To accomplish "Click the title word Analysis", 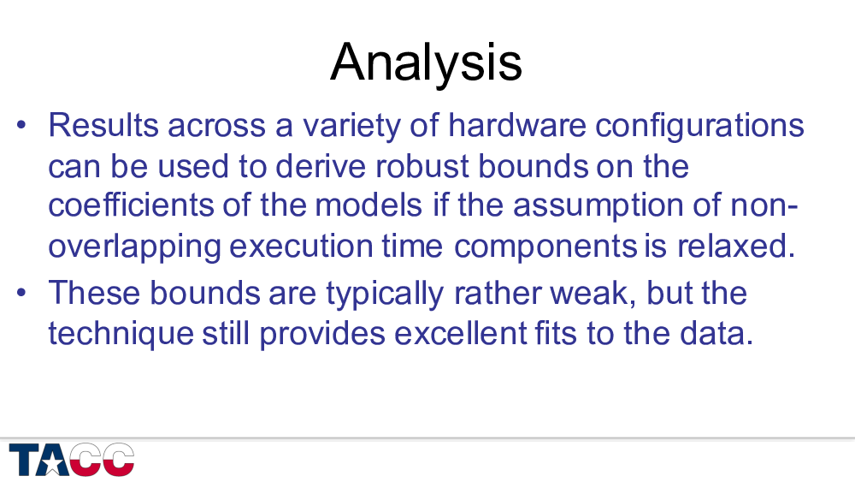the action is (426, 63).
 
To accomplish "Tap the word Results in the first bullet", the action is (103, 125).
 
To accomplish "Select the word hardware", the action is (516, 125).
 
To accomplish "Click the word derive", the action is (321, 166).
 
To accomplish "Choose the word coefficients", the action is (131, 205).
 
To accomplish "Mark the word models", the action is (369, 205).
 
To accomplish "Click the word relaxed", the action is (736, 246).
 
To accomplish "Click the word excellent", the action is (461, 333).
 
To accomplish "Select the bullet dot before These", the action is (21, 292).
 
